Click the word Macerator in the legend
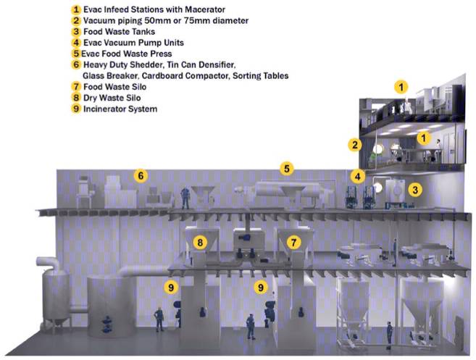tap(205, 9)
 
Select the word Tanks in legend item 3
tap(144, 32)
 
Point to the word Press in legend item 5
tap(160, 54)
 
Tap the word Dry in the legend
tap(90, 98)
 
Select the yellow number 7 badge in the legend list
tap(76, 87)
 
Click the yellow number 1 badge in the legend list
tap(76, 9)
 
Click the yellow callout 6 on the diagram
tap(141, 176)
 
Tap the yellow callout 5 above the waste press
tap(287, 169)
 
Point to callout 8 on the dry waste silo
tap(200, 243)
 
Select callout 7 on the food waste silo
tap(293, 243)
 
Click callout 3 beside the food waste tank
tap(415, 190)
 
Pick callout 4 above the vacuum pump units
tap(358, 176)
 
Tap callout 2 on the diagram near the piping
tap(355, 145)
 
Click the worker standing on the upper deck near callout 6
tap(185, 198)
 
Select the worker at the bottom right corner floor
tap(389, 335)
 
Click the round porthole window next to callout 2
tap(377, 148)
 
